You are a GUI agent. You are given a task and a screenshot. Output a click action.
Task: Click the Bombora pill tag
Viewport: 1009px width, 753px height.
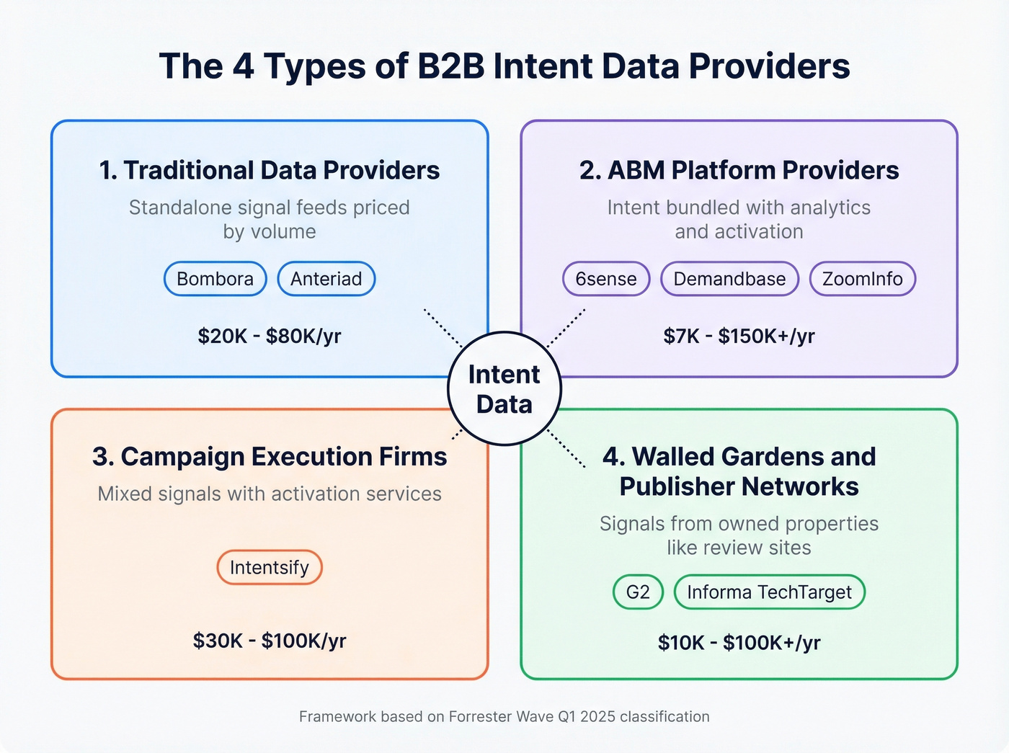215,279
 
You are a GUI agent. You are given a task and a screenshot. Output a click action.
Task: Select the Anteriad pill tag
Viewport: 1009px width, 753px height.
326,279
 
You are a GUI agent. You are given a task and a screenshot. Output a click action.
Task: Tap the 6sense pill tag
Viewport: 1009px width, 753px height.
605,279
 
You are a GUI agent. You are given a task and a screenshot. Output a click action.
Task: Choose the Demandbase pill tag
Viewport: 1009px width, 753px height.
729,279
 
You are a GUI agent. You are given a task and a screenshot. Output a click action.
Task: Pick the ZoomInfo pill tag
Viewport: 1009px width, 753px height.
862,279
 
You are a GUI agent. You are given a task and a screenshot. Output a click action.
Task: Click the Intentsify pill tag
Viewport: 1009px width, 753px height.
269,568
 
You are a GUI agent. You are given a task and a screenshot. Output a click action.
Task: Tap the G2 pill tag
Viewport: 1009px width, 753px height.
638,592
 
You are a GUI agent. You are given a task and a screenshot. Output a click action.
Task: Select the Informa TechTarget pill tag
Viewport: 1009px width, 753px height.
769,592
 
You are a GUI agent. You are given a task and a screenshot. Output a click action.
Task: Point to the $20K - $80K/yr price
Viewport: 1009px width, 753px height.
270,336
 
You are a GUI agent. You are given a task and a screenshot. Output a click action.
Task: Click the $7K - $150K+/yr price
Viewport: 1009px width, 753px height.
739,336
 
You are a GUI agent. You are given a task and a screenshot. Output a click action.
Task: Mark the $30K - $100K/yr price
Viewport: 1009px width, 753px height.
270,641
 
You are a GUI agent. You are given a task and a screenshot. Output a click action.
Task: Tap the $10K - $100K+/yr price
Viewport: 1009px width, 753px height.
739,643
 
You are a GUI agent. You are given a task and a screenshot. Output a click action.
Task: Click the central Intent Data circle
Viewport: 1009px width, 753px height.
504,389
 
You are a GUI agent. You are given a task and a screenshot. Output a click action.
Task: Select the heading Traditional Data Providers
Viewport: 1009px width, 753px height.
270,170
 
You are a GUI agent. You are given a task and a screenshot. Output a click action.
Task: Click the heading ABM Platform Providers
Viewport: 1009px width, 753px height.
739,170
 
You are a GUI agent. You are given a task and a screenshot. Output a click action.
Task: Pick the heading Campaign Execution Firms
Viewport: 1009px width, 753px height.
270,457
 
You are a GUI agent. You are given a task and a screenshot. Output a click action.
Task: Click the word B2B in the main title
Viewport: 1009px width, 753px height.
451,66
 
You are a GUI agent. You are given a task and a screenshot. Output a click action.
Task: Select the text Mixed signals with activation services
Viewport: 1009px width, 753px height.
270,494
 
